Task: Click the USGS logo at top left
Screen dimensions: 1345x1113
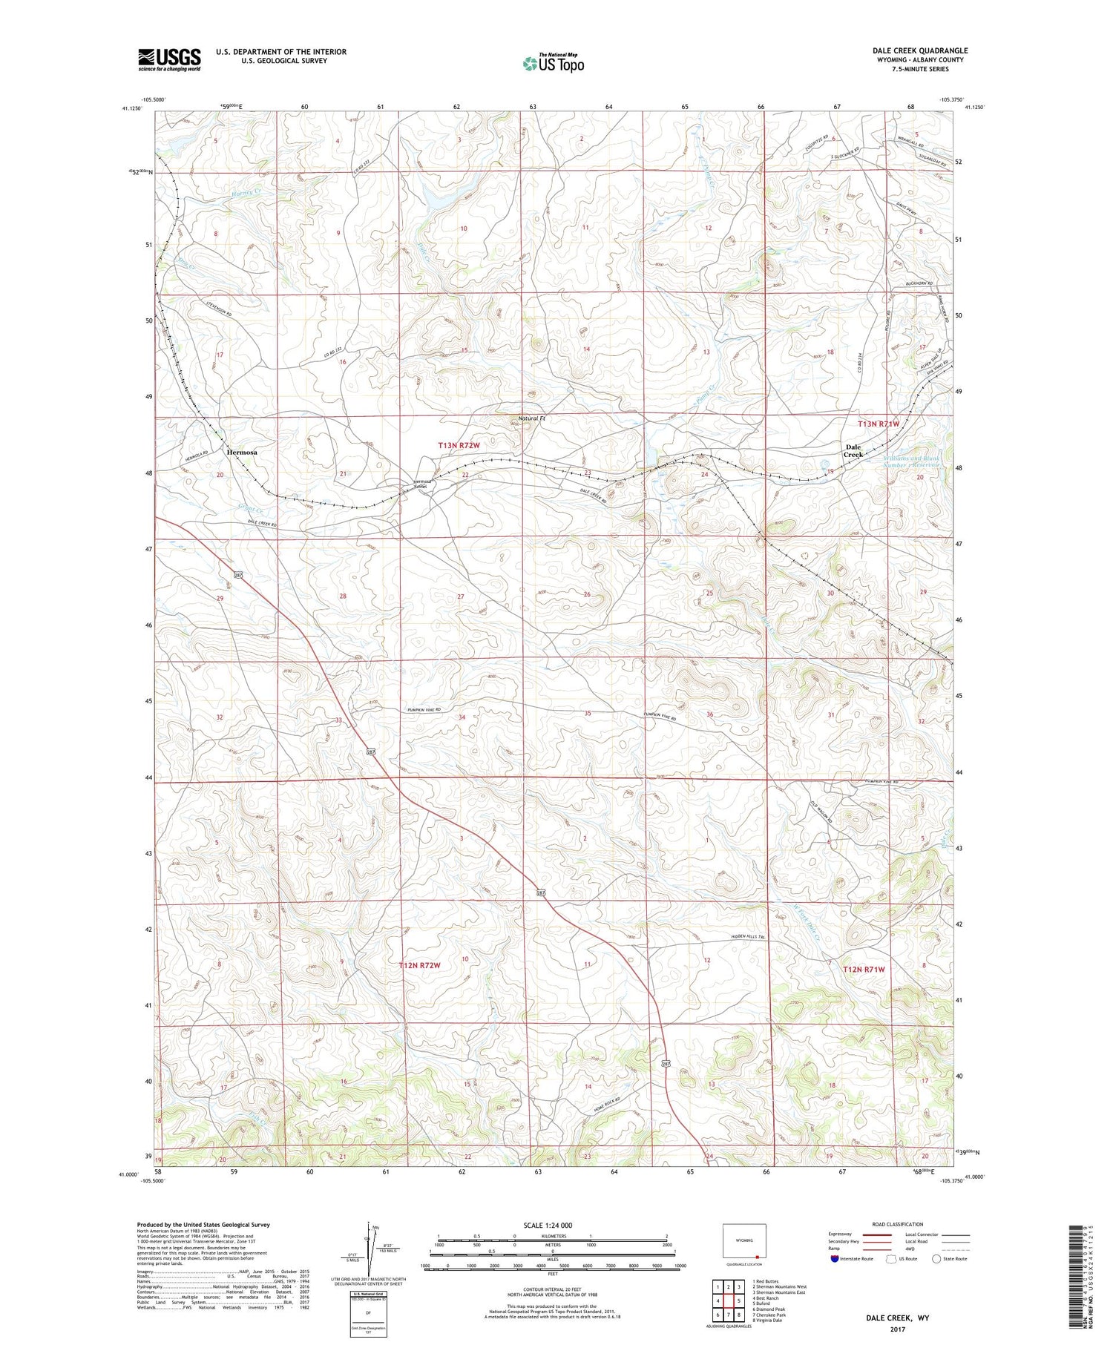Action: pos(169,59)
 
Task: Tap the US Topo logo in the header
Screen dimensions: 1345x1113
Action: pos(553,63)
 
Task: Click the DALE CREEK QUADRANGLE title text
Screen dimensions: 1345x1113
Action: pos(919,50)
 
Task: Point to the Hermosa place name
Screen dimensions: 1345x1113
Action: pos(242,452)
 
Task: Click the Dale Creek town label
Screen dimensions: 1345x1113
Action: pos(853,450)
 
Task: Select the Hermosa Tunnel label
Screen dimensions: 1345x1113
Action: pos(422,483)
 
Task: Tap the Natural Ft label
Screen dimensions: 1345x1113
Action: pos(531,418)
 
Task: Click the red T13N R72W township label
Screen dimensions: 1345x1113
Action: pos(459,445)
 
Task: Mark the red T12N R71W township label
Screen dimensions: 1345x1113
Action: pos(864,969)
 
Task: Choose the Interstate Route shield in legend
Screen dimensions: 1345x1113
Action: pos(835,1258)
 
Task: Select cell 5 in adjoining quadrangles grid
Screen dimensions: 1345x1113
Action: pos(739,1300)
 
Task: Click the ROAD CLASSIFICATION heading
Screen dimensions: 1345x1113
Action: pos(897,1224)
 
